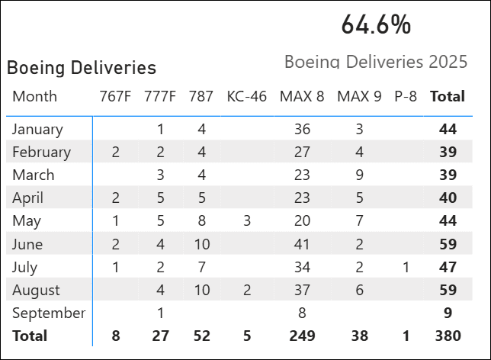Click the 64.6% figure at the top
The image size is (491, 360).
click(x=376, y=24)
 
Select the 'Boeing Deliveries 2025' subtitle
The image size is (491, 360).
click(x=376, y=62)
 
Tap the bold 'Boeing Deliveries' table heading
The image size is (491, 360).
click(x=82, y=68)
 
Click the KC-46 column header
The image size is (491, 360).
click(x=246, y=96)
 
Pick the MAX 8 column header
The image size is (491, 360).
click(x=302, y=96)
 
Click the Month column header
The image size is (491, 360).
click(x=35, y=96)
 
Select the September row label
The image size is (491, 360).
click(x=49, y=313)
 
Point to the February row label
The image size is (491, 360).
click(x=41, y=152)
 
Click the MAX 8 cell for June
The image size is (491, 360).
click(x=302, y=244)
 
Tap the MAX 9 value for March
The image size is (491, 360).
click(x=359, y=175)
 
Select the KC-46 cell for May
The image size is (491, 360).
click(x=246, y=221)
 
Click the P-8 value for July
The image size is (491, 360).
click(x=406, y=267)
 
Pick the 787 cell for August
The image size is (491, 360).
click(x=201, y=290)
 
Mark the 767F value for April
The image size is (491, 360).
click(x=115, y=198)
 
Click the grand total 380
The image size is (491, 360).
click(x=448, y=336)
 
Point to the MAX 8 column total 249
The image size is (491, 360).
click(x=302, y=336)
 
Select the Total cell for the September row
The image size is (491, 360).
click(x=448, y=313)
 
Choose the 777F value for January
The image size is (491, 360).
click(x=160, y=129)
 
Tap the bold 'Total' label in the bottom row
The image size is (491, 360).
click(x=30, y=336)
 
